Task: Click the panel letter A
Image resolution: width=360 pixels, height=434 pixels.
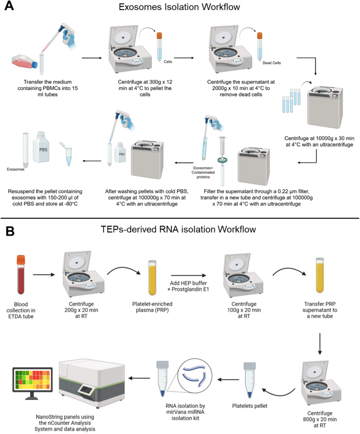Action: [x=9, y=6]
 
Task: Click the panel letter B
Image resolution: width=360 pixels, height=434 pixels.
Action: [x=10, y=231]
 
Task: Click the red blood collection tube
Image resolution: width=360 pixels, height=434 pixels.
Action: [x=21, y=274]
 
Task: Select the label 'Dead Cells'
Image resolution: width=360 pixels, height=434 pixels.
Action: [x=271, y=63]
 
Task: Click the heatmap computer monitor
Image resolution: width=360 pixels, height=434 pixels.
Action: [x=33, y=383]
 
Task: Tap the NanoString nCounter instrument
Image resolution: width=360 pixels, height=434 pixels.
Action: [x=92, y=383]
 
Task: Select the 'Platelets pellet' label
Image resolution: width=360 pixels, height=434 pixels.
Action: [x=250, y=406]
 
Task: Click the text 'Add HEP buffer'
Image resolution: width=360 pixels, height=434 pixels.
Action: [x=188, y=283]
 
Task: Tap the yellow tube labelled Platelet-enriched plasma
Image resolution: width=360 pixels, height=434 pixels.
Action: [x=152, y=278]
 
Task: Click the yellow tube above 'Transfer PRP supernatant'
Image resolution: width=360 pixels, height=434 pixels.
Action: [x=320, y=275]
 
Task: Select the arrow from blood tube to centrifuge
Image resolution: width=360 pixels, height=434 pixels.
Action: [x=44, y=274]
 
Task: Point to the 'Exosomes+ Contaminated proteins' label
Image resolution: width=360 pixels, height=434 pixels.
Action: [x=203, y=172]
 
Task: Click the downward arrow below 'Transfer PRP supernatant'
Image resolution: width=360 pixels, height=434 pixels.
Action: [x=320, y=344]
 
